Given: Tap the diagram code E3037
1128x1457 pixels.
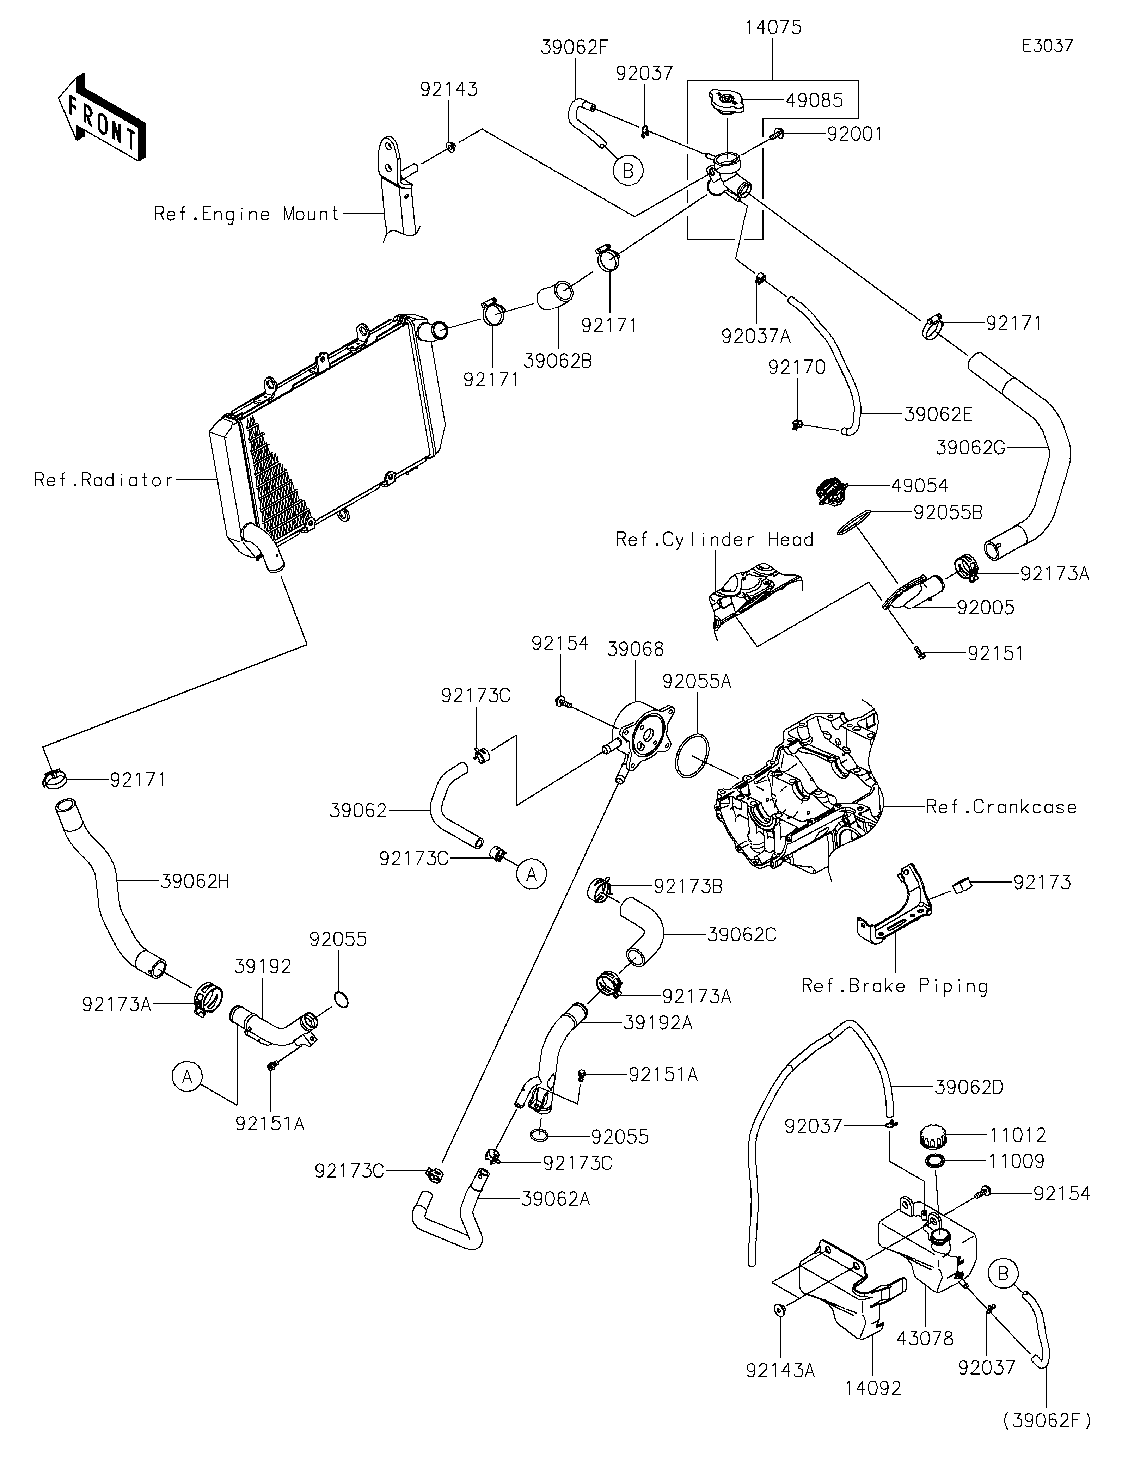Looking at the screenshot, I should [1047, 46].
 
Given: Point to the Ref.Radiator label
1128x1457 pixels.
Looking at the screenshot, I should [103, 480].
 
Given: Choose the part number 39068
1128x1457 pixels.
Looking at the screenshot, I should [635, 648].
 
